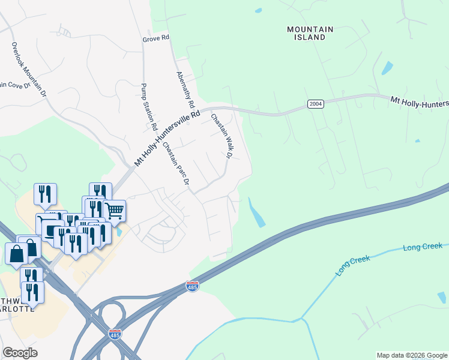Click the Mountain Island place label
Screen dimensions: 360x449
306,33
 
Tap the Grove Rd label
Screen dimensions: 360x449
157,38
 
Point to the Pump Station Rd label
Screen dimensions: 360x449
148,107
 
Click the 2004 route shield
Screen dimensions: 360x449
315,104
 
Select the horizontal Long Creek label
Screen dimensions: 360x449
423,247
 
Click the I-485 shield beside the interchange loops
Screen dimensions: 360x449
115,333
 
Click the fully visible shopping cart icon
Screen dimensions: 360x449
114,211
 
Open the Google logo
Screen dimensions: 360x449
20,353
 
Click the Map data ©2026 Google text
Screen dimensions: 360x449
412,355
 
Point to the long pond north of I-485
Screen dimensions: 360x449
257,212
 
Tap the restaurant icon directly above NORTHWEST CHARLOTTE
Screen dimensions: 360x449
32,292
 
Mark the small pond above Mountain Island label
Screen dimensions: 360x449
258,10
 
